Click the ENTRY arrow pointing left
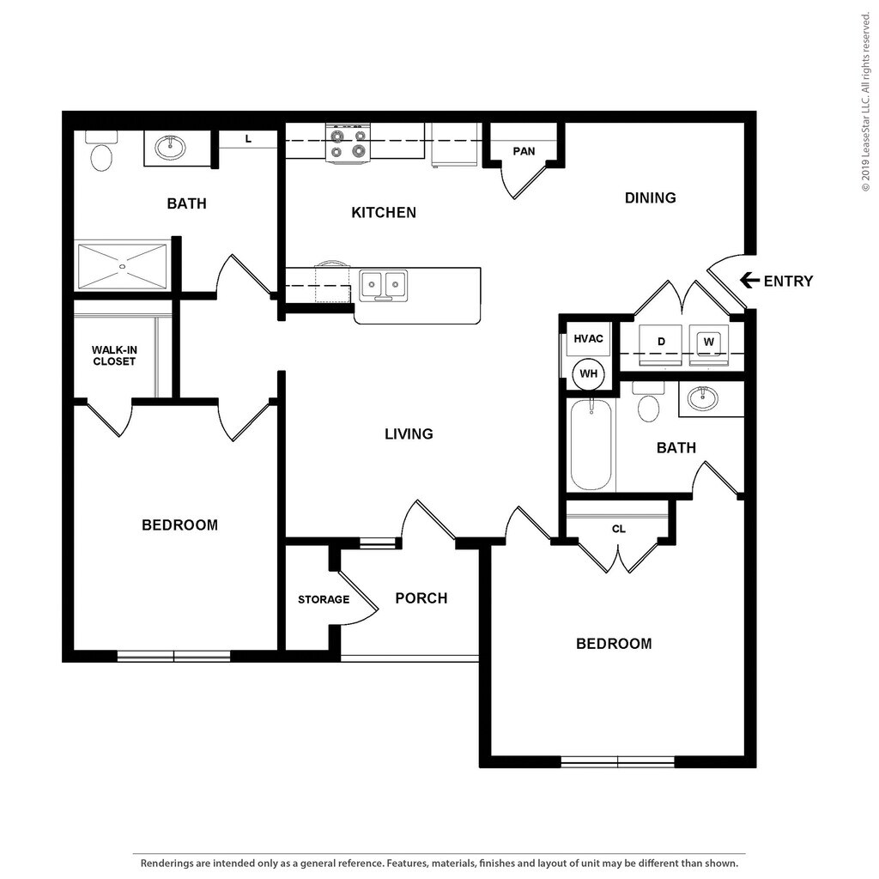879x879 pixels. [x=749, y=281]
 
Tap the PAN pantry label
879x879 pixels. [x=524, y=151]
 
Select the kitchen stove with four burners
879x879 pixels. [x=349, y=143]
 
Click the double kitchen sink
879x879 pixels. [x=383, y=283]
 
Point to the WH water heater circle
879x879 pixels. [x=589, y=373]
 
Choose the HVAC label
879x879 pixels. [x=588, y=338]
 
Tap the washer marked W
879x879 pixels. [x=709, y=343]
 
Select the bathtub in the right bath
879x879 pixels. [x=591, y=445]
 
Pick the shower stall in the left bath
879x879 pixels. [x=122, y=265]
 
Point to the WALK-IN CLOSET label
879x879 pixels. [x=114, y=355]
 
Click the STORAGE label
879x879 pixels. [x=324, y=599]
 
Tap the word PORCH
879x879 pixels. [x=421, y=598]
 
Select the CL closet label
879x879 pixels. [x=619, y=529]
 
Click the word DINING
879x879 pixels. [x=650, y=198]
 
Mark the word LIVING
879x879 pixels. [x=409, y=434]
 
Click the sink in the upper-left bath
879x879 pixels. [x=171, y=148]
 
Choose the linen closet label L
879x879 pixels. [x=248, y=138]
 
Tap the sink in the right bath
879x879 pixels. [x=703, y=397]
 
